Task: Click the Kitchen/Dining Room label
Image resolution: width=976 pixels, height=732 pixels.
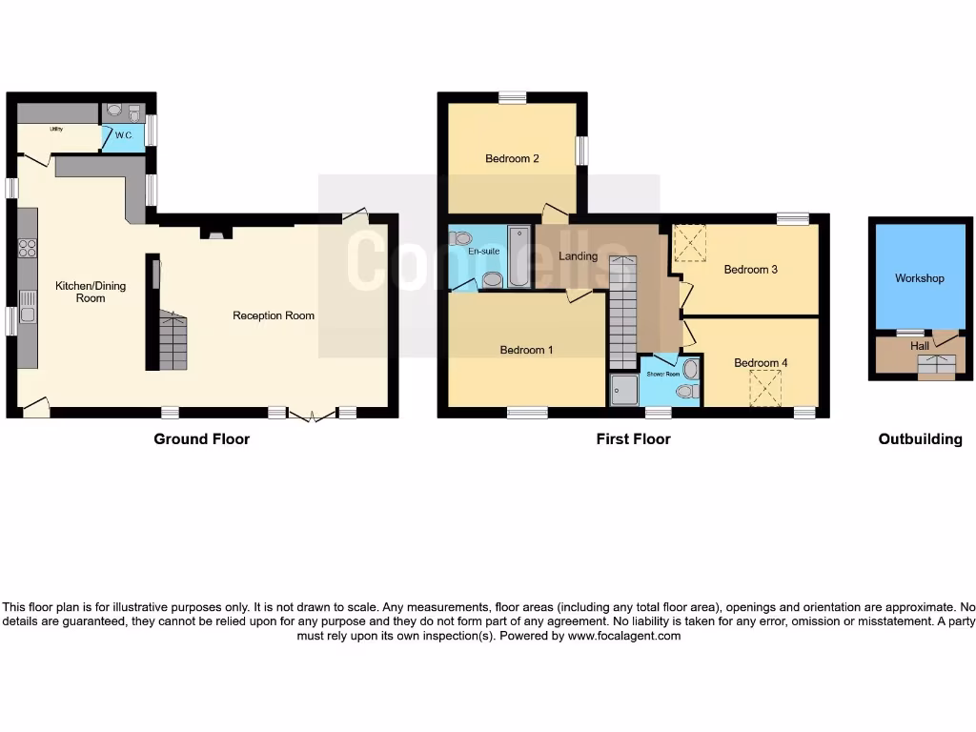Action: pos(91,292)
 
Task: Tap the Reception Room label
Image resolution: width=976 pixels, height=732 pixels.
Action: pos(274,315)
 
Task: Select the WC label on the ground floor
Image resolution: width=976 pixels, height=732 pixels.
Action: pos(123,136)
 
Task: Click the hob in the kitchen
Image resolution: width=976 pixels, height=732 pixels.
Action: pos(27,249)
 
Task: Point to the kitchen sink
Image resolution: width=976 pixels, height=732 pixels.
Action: pos(27,314)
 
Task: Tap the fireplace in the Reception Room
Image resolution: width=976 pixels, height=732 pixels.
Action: pos(216,232)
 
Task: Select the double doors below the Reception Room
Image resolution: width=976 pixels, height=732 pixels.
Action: pos(312,415)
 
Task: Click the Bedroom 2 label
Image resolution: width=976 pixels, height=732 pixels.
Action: pos(512,158)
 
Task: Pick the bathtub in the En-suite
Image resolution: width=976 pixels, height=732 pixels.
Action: pos(518,255)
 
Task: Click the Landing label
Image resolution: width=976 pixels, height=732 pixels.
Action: pos(578,255)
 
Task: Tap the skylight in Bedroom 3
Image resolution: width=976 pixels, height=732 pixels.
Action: pos(690,242)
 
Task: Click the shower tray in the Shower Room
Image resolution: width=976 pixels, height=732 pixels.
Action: pos(624,389)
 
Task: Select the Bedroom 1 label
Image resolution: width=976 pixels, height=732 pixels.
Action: pos(526,350)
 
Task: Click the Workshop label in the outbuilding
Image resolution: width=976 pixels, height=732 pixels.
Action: pos(919,278)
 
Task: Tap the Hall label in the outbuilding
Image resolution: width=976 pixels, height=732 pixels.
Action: pos(919,346)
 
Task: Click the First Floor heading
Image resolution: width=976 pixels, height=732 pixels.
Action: pos(633,439)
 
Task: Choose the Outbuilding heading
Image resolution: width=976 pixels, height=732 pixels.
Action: pos(920,439)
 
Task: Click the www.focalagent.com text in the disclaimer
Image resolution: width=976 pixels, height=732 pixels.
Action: pos(624,636)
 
